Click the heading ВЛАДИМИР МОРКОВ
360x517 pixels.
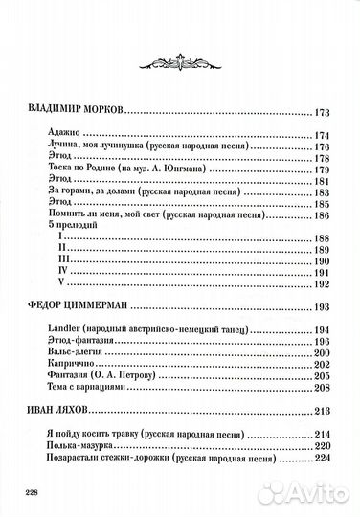72,111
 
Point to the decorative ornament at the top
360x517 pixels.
179,58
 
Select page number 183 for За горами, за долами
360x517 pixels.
322,191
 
